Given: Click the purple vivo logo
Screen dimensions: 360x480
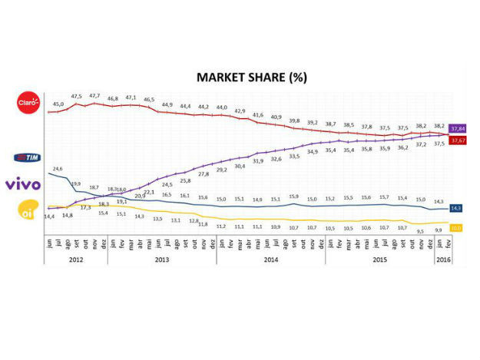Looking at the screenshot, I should click(x=22, y=184).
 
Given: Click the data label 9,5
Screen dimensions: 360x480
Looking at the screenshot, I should click(x=419, y=230).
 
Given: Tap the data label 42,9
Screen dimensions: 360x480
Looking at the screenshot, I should click(x=240, y=111).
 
